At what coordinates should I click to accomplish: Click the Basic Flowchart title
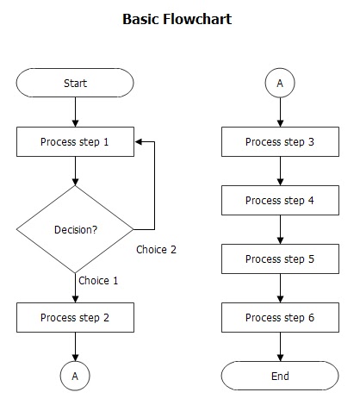(177, 18)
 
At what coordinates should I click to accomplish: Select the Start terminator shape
(76, 84)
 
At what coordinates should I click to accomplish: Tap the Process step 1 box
(76, 142)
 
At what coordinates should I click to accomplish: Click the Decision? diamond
(76, 229)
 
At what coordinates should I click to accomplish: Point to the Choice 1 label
(98, 281)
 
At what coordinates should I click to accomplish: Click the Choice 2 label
(156, 250)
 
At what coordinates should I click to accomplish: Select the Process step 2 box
(76, 317)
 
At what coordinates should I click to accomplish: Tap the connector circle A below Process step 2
(76, 376)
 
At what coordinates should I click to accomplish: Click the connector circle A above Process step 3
(280, 84)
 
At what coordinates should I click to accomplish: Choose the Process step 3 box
(280, 142)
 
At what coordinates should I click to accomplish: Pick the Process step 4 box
(280, 201)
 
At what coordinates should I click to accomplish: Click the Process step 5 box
(280, 258)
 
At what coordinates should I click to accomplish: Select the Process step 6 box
(280, 317)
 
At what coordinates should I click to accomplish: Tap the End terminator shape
(280, 376)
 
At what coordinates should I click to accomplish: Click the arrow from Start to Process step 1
(76, 112)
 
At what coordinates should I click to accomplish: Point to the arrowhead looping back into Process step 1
(139, 142)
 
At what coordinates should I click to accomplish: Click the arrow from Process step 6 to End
(280, 346)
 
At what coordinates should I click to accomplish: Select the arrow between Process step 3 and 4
(280, 171)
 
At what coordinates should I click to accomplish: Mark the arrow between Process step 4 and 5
(280, 229)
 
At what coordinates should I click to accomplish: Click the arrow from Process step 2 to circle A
(76, 346)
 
